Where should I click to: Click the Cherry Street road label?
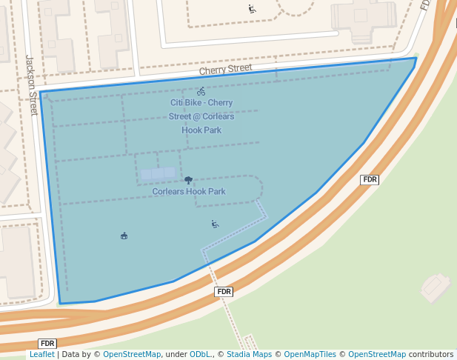225,69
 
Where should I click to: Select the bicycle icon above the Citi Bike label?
201,91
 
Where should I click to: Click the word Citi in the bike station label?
179,103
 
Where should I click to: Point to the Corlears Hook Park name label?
188,192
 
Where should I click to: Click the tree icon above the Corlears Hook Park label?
188,180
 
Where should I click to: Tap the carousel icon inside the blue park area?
124,236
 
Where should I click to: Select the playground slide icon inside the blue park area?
215,224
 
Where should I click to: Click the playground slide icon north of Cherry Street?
252,10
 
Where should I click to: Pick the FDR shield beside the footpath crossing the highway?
224,292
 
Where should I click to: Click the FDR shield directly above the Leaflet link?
47,344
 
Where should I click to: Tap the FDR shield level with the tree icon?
370,180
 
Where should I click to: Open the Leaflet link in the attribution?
41,355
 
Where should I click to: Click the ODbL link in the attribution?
200,355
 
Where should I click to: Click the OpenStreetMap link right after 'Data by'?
131,355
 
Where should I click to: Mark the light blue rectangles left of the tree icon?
159,174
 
